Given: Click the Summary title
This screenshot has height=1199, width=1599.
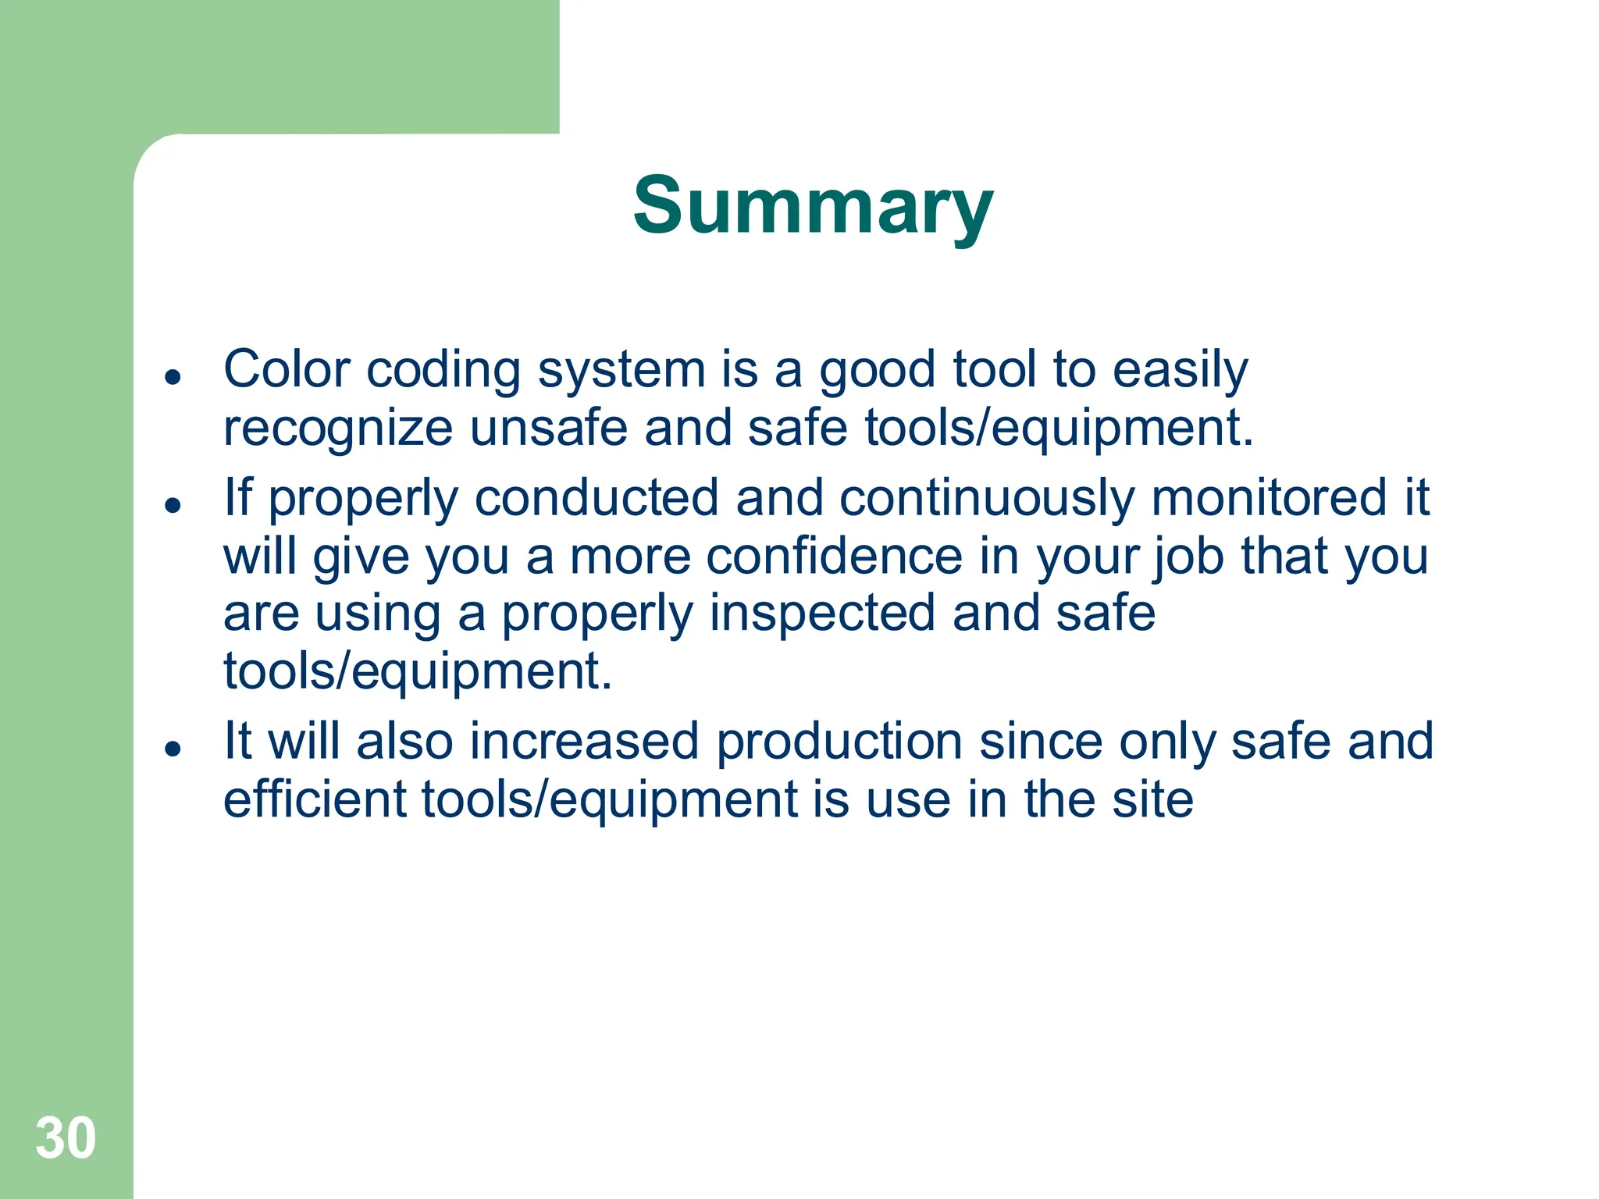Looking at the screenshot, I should [812, 205].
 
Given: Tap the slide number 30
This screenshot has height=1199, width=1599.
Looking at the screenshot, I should [66, 1138].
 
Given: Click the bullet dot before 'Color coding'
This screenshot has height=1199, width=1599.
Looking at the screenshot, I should [173, 377].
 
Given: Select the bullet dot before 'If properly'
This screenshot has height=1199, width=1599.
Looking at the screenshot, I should [173, 505].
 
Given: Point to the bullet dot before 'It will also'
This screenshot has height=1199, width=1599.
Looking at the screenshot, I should [173, 749].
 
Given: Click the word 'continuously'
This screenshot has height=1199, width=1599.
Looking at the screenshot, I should [986, 497].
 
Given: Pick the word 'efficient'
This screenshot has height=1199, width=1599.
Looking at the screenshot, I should [314, 799].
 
